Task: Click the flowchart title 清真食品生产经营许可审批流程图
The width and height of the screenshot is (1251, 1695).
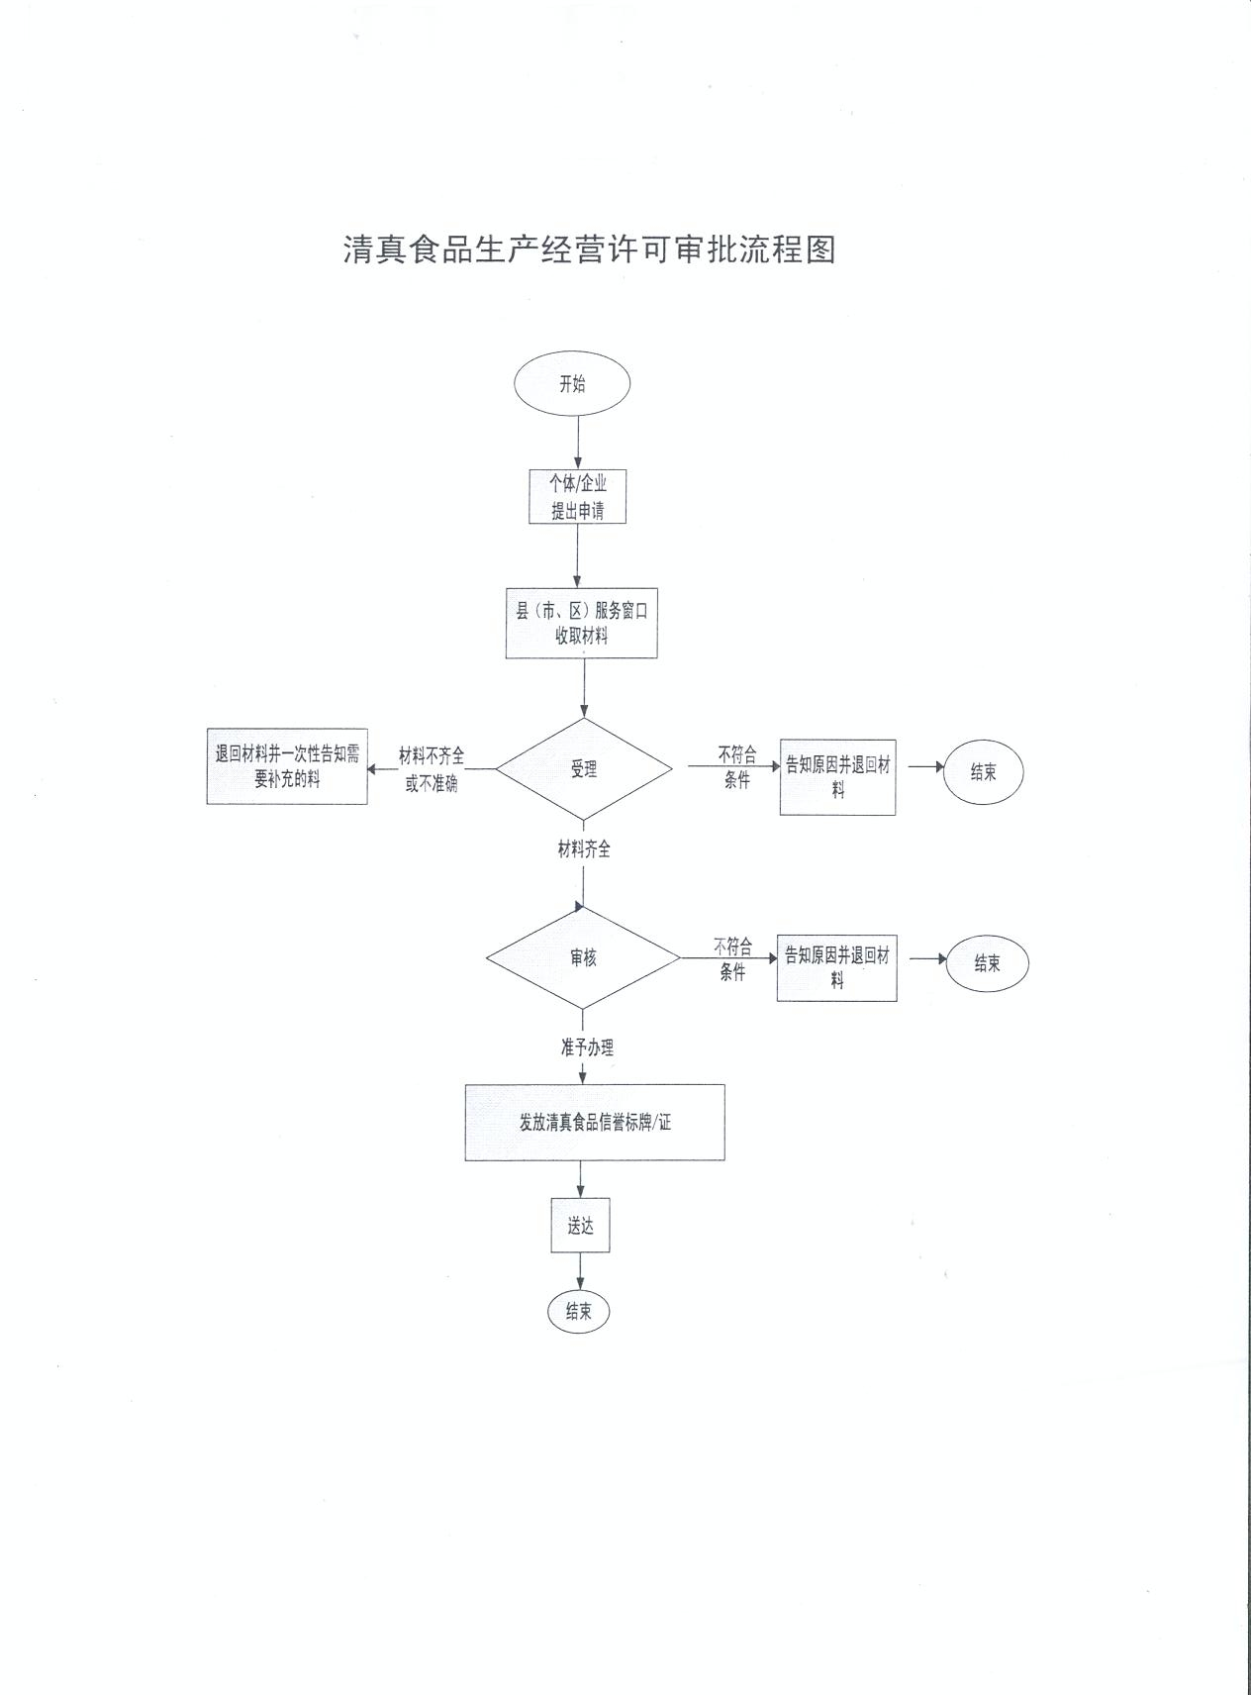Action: [x=590, y=249]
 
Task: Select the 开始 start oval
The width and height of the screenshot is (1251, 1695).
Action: [x=573, y=384]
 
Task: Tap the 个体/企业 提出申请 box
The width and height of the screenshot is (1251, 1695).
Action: [x=578, y=497]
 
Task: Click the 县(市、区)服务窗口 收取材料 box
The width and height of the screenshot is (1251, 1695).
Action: [x=582, y=624]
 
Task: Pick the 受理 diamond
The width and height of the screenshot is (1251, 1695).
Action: [x=584, y=769]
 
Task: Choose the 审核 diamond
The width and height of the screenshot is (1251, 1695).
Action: [x=583, y=958]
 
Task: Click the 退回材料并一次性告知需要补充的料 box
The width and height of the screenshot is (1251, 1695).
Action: [x=287, y=767]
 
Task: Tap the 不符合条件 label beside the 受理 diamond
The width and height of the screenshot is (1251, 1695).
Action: [x=737, y=767]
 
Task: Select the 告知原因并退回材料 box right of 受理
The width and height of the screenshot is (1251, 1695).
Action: [x=837, y=777]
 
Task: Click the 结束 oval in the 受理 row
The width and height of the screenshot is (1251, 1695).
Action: [x=983, y=772]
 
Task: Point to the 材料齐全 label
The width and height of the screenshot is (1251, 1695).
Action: [x=584, y=849]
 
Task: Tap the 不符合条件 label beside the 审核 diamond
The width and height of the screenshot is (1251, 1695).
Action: [x=732, y=959]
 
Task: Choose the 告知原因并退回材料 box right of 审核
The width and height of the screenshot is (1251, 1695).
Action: [x=836, y=967]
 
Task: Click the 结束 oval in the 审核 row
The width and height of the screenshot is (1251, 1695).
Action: [x=987, y=963]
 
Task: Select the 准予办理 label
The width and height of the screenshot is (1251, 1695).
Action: [x=587, y=1047]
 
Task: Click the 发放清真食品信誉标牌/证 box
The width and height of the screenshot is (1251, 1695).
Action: [x=595, y=1123]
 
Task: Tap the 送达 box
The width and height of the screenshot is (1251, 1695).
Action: [x=580, y=1227]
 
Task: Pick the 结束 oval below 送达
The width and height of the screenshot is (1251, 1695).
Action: [x=579, y=1312]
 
